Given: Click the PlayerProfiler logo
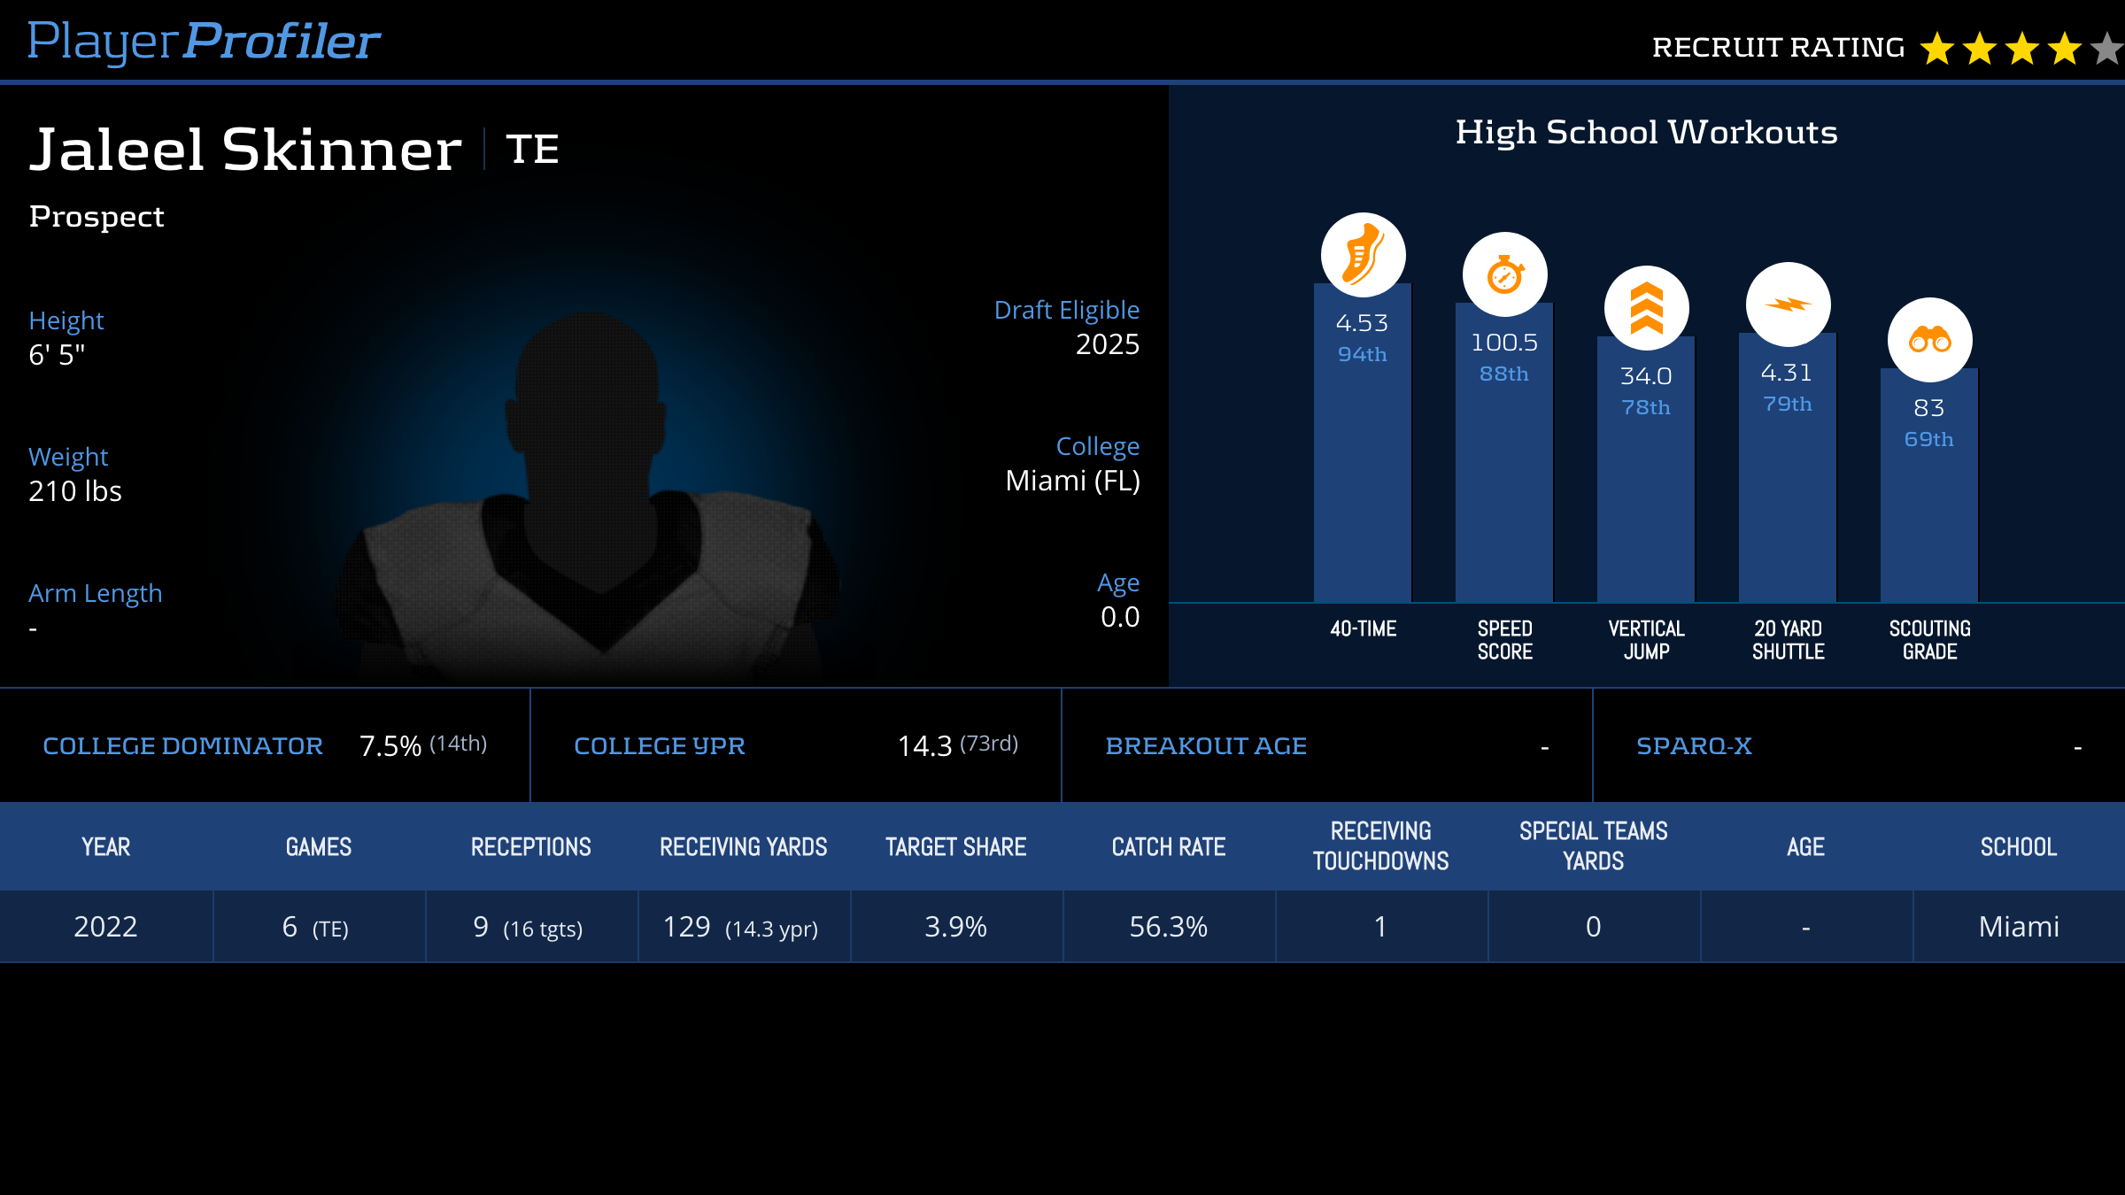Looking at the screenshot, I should (204, 42).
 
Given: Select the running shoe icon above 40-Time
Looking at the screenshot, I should (1363, 255).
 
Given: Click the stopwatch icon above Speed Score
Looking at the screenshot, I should (1504, 274).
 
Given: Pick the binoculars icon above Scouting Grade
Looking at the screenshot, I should (1929, 340).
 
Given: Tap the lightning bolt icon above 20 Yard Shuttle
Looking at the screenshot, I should (1788, 305).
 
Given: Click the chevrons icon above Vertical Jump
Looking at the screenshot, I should (1646, 308).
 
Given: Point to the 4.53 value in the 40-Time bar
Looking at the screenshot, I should (1362, 323).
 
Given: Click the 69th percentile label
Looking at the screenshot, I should (1928, 439).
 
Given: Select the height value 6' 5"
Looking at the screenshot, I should (57, 355).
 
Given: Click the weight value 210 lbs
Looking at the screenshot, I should (75, 491).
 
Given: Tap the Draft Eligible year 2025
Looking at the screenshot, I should (1107, 344).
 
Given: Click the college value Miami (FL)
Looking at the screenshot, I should (1072, 481).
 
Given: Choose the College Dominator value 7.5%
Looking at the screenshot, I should (390, 746).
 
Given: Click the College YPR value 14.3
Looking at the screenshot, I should (924, 746).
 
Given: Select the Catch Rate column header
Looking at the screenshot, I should (1168, 847).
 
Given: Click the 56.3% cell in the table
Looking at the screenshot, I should (1168, 927).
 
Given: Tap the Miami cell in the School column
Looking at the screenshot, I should (2018, 927).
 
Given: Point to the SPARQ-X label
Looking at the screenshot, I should (1694, 746).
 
